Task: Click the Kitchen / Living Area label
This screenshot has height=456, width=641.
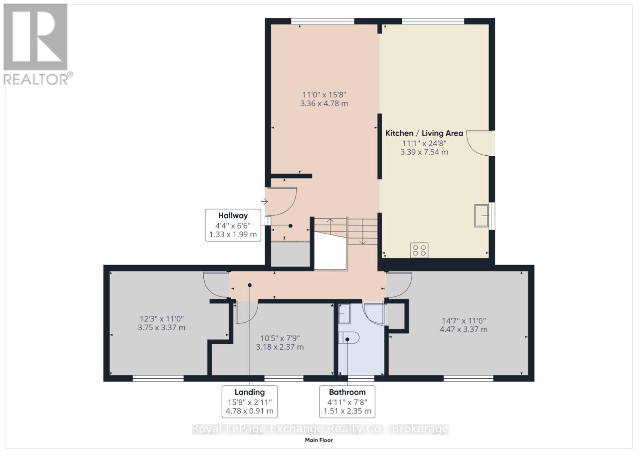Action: click(424, 133)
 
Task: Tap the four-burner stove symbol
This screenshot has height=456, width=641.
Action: click(419, 250)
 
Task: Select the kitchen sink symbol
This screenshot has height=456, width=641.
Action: click(482, 216)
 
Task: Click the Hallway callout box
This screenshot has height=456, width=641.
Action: click(233, 225)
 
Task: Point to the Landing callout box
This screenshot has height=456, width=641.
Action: click(250, 402)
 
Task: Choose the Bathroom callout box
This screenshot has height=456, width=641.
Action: click(347, 402)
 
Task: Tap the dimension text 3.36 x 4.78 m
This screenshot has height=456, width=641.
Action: click(324, 103)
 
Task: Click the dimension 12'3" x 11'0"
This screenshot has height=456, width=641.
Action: click(162, 319)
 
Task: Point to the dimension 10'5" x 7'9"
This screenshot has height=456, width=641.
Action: click(280, 338)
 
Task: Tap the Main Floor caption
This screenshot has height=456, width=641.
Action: click(319, 440)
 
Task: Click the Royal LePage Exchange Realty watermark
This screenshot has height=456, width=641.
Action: click(320, 429)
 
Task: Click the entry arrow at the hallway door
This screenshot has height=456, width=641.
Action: click(264, 202)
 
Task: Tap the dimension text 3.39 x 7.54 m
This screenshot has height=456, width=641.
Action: click(424, 152)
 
